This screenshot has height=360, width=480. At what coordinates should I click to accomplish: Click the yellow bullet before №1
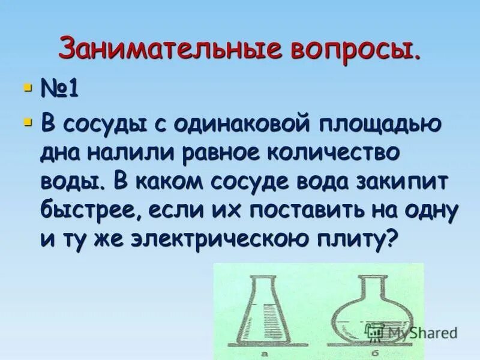(x=26, y=88)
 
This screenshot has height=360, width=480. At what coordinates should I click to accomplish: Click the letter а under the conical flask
(x=264, y=354)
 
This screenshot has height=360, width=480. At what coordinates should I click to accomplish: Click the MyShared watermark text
(x=420, y=332)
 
